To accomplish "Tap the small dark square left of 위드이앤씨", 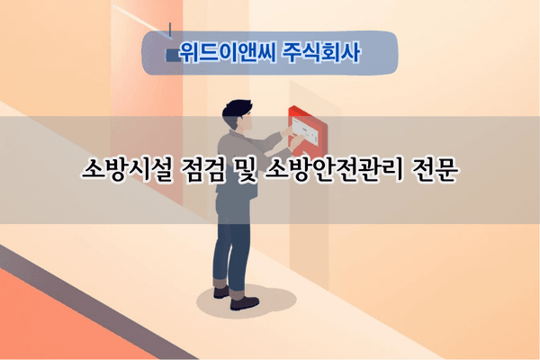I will (172, 55).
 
